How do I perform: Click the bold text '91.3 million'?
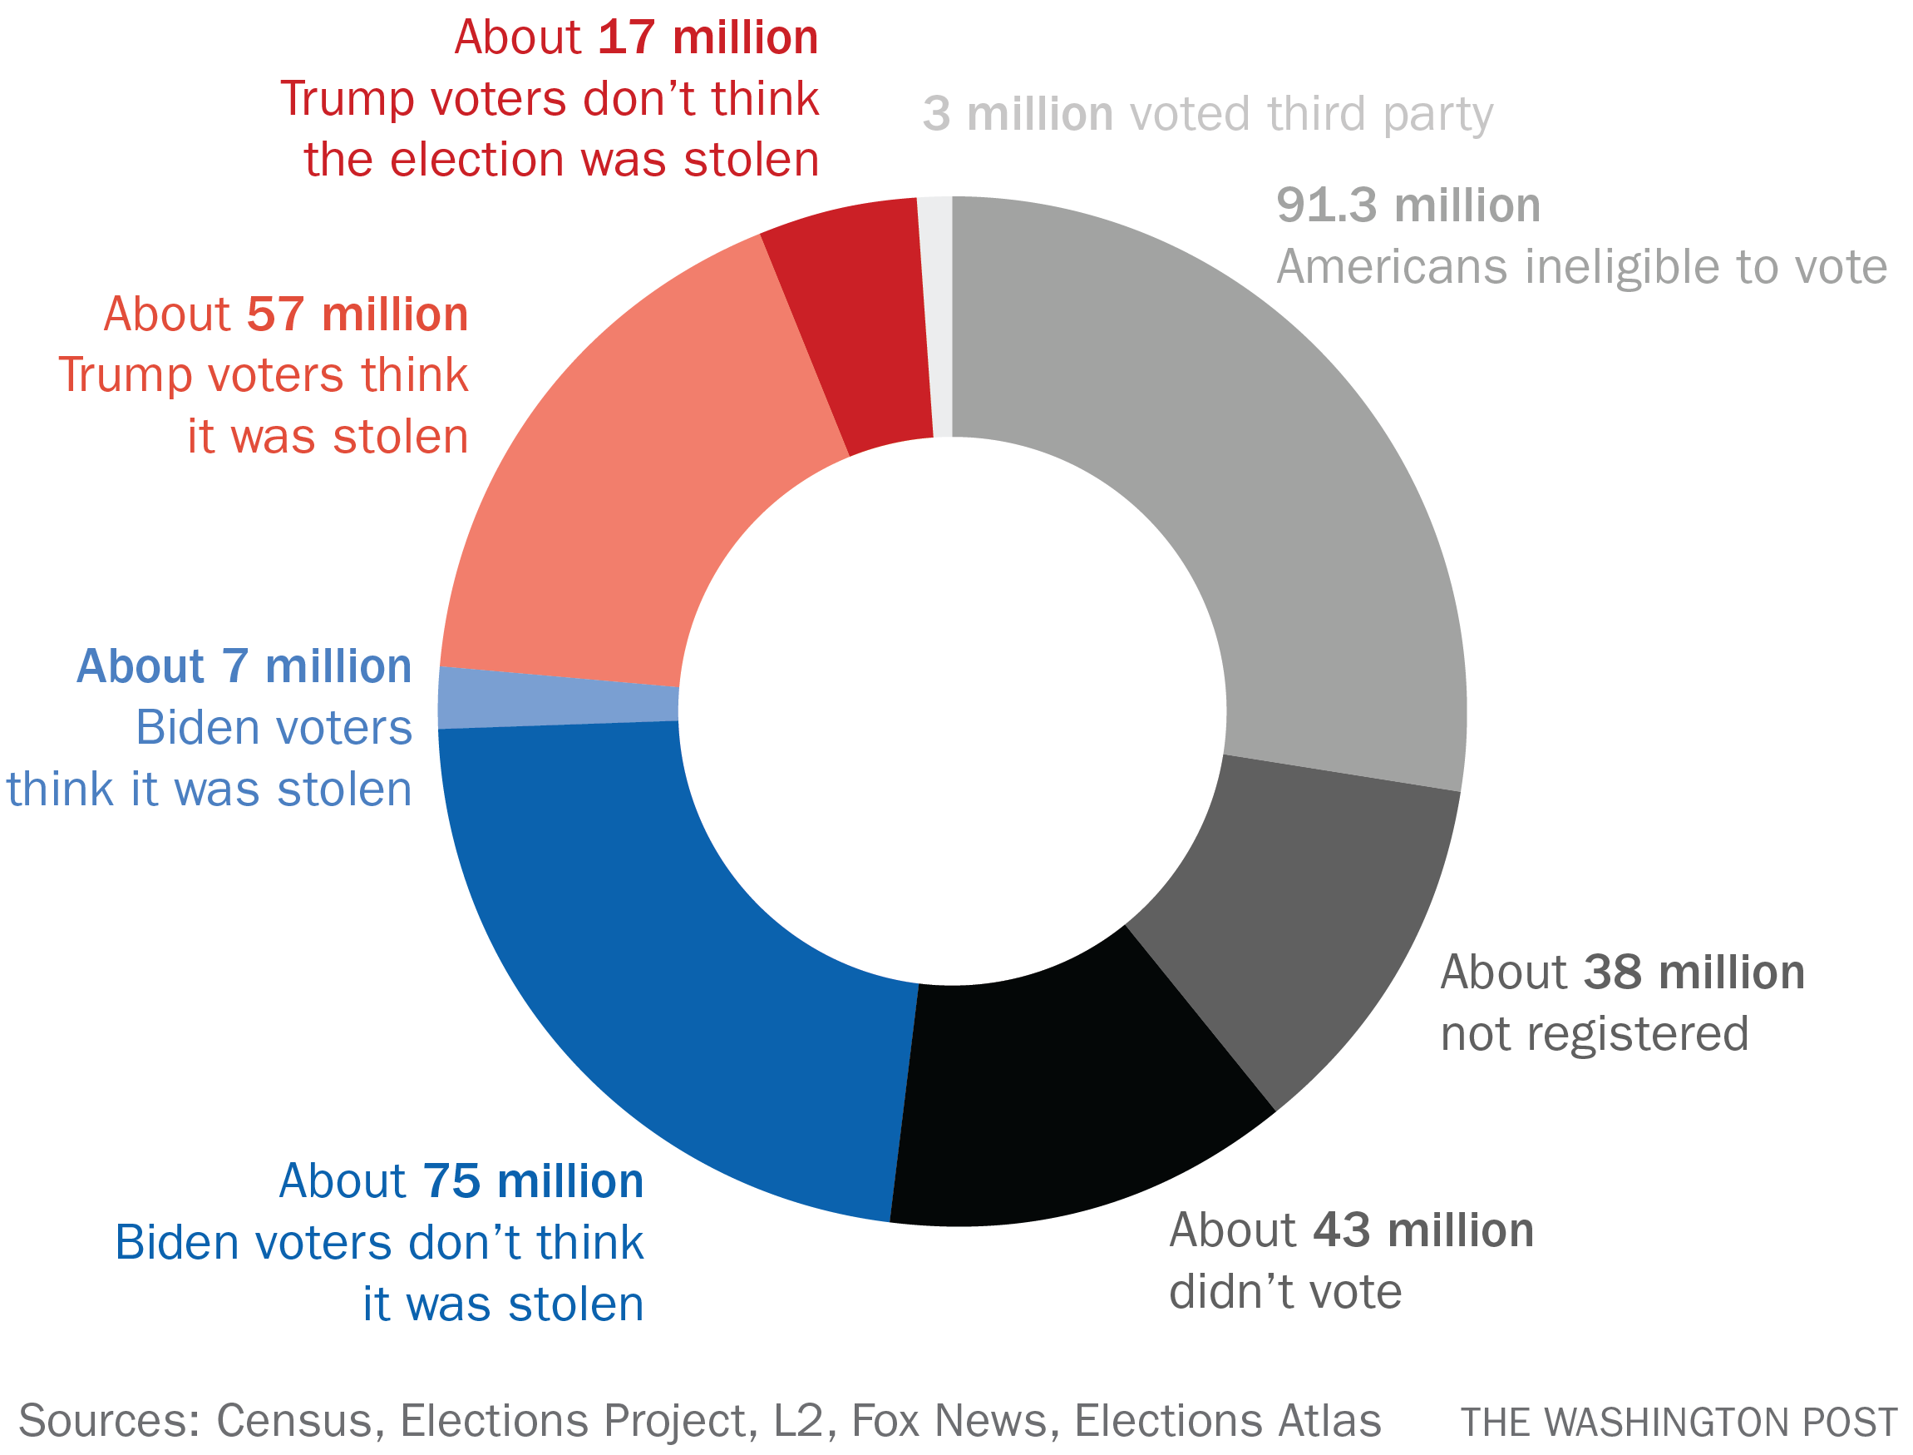(x=1408, y=205)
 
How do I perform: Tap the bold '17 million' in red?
(x=708, y=38)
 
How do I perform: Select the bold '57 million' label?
(x=357, y=314)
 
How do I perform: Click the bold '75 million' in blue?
(x=533, y=1181)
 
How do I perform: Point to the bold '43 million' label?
(x=1423, y=1230)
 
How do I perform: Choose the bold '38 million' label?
(x=1694, y=972)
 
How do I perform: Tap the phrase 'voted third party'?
(x=1311, y=114)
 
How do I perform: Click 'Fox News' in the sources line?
(x=949, y=1420)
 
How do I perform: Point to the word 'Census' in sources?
(x=294, y=1420)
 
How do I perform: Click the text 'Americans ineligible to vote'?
(x=1581, y=267)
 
